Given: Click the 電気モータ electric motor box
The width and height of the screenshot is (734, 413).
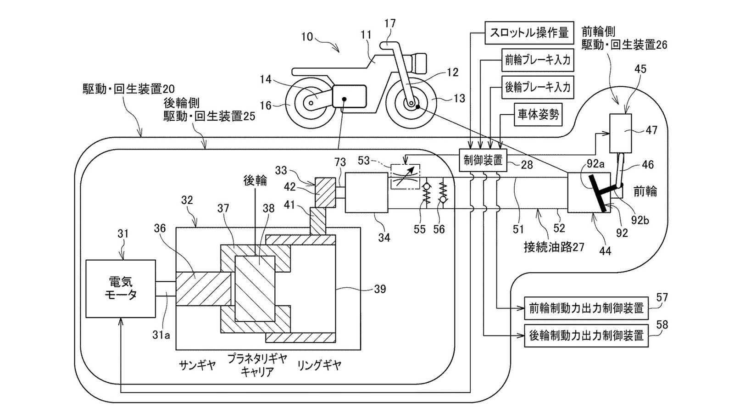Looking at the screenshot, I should click(121, 288).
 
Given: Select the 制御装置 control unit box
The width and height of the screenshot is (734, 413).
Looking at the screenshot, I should click(483, 160).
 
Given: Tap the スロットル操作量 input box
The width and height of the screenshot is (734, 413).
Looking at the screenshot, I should click(528, 33).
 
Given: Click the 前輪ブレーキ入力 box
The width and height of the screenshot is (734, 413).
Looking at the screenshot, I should click(537, 60).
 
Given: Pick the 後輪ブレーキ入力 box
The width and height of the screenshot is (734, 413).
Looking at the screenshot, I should click(537, 87).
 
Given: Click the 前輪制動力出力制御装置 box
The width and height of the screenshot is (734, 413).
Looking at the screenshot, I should click(586, 308).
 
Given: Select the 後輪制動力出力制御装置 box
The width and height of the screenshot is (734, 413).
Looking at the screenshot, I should click(586, 335).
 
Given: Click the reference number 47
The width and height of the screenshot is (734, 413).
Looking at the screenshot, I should click(651, 130).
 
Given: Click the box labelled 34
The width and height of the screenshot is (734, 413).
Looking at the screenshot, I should click(367, 192).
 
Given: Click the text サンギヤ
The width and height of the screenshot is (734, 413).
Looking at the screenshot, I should click(197, 365).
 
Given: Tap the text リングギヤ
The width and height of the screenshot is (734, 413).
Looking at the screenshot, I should click(319, 365).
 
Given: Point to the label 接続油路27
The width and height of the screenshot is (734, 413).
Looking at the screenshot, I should click(554, 247).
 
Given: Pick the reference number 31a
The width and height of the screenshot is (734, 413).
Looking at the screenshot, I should click(161, 335).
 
